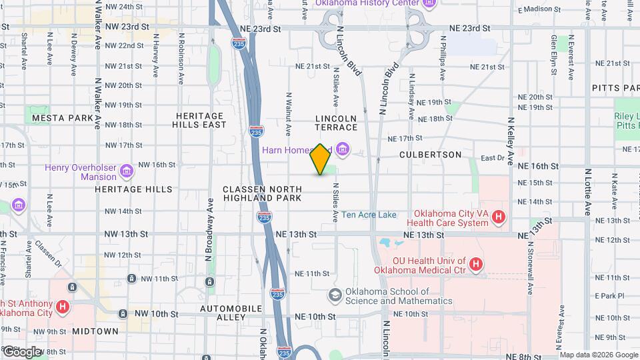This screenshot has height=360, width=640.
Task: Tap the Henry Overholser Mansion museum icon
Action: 126,173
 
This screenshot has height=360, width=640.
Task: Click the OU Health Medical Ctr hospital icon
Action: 475,265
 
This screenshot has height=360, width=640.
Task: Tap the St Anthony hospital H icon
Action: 63,307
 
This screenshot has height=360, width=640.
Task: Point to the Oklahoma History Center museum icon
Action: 429,3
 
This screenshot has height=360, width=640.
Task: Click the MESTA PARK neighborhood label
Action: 62,118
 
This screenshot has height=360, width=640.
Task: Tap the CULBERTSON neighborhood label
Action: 431,155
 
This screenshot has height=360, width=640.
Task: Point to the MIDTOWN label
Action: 95,331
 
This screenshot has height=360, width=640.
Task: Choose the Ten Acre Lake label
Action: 369,215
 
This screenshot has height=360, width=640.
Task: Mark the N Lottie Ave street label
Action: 587,191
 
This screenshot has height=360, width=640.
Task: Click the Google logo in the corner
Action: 21,351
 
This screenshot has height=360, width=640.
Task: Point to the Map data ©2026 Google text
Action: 598,354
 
